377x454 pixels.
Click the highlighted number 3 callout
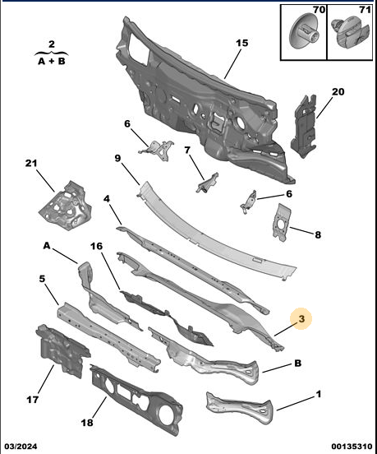301,319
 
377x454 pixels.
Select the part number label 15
242,43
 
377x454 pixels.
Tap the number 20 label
338,92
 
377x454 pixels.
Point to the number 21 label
31,164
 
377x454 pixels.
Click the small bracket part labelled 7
208,183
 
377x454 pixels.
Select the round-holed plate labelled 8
281,222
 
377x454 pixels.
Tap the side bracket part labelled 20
304,126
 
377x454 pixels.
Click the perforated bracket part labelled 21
66,206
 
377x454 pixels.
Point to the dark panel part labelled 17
62,350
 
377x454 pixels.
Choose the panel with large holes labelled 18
136,400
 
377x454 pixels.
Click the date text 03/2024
21,447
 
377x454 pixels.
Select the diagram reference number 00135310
352,447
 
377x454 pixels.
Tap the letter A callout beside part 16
47,246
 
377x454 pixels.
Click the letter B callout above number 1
298,363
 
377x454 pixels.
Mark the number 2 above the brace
52,44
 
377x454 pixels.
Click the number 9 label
117,159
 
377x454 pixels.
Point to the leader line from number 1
296,403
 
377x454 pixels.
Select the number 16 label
97,246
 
